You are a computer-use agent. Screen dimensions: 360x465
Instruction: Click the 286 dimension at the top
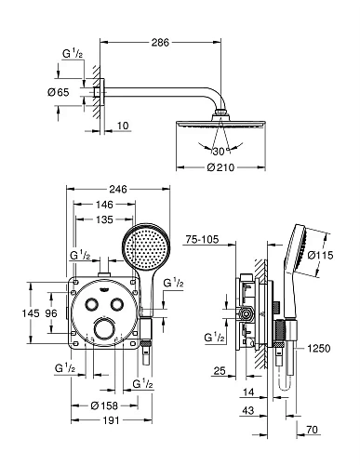click(x=160, y=43)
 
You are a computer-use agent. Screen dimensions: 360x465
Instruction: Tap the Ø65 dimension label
click(x=59, y=92)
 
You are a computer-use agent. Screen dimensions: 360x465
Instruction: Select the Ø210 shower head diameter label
click(x=220, y=167)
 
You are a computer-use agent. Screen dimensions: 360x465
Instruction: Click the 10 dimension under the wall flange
click(x=123, y=126)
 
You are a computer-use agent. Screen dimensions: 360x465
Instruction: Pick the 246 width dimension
click(x=118, y=189)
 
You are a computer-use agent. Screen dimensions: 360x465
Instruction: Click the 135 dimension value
click(x=104, y=219)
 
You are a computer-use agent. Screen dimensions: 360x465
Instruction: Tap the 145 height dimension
click(x=31, y=313)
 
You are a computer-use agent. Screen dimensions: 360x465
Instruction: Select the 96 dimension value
click(x=51, y=313)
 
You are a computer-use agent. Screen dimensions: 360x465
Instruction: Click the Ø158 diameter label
click(x=104, y=405)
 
